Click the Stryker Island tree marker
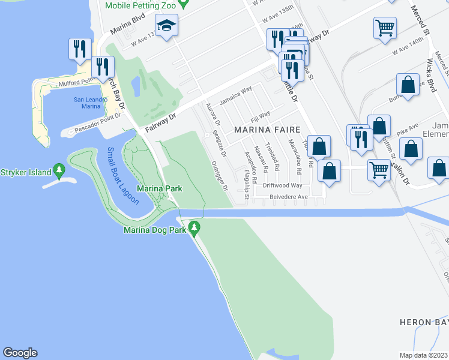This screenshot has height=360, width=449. tap(59, 171)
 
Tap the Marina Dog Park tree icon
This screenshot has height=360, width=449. tap(194, 227)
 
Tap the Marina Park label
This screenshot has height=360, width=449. tap(159, 189)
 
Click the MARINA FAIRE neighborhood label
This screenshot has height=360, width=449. tap(264, 129)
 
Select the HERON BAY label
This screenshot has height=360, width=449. tap(424, 322)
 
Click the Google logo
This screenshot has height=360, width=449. tap(20, 353)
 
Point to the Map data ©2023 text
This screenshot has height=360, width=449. tap(423, 355)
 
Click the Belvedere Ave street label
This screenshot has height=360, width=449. tap(288, 196)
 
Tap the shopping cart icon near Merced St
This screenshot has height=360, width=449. tap(384, 27)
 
